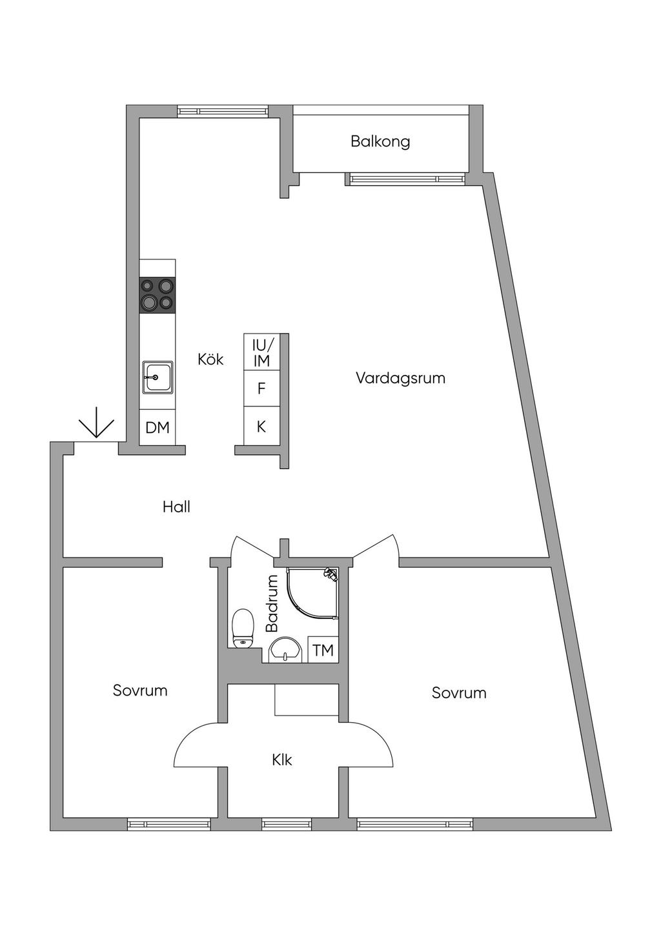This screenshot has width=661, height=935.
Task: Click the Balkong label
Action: (380, 141)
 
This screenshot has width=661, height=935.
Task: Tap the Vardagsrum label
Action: (400, 378)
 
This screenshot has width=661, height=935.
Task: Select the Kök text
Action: (210, 359)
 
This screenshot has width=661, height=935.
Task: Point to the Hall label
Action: (176, 507)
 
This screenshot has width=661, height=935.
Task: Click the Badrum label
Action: (272, 603)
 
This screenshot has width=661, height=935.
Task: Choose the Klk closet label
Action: (282, 760)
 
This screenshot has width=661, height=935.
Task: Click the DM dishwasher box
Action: (158, 427)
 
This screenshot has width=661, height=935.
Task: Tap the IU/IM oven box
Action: (261, 352)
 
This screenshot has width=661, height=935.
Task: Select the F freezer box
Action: (261, 388)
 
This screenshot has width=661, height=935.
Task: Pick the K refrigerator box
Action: (261, 427)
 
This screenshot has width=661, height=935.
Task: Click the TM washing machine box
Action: (323, 650)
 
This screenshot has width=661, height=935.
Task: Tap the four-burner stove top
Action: (158, 295)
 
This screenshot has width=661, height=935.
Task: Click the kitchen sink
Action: (158, 377)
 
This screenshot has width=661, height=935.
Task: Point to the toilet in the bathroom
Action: (243, 628)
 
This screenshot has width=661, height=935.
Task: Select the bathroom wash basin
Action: (285, 650)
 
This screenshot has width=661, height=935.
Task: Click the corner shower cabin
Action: (312, 594)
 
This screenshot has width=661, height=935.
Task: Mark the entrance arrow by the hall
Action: (96, 423)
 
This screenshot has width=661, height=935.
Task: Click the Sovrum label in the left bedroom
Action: (140, 690)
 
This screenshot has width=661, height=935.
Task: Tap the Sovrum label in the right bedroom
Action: (459, 693)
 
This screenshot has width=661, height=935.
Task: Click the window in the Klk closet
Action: (287, 824)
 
